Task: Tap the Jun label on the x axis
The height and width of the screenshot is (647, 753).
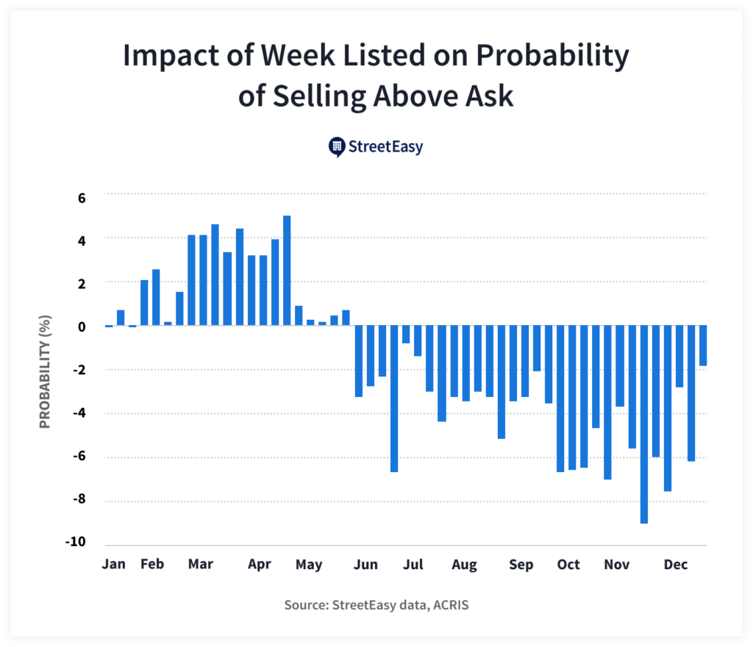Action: click(x=365, y=565)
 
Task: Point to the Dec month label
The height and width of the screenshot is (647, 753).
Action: click(x=675, y=565)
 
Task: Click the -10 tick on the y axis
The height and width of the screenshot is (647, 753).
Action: click(x=76, y=543)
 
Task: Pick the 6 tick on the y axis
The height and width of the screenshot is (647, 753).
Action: click(x=82, y=198)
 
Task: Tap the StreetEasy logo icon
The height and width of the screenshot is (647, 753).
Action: click(x=337, y=147)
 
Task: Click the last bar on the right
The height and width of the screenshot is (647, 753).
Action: click(x=703, y=346)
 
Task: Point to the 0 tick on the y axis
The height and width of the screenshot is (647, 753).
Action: click(x=82, y=326)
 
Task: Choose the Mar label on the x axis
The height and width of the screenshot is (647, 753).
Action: click(x=200, y=565)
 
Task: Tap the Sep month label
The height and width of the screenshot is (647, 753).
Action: click(x=521, y=565)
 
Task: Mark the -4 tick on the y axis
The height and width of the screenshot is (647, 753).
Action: click(x=79, y=412)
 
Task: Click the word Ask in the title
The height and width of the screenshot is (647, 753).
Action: click(x=490, y=96)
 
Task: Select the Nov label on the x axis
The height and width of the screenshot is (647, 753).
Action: click(x=616, y=565)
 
